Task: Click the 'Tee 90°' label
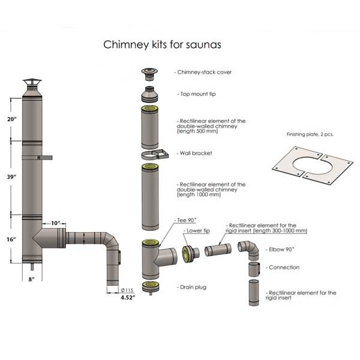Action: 185,220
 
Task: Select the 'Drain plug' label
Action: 191,287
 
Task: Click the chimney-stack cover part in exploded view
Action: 148,73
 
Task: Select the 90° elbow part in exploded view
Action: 248,248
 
